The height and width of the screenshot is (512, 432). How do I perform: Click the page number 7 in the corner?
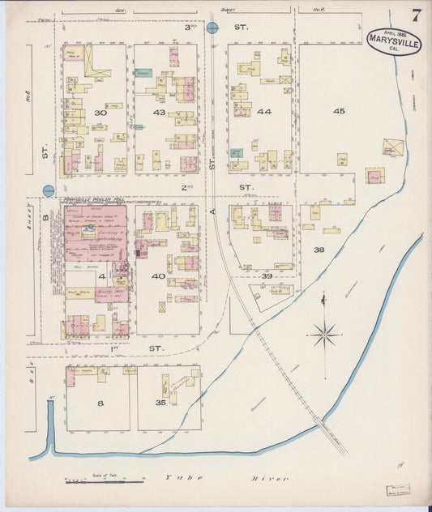click(x=416, y=15)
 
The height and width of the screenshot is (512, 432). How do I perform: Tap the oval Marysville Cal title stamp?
click(x=394, y=41)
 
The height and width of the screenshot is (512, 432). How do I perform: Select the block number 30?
click(x=101, y=113)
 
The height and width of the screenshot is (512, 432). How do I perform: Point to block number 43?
click(x=159, y=112)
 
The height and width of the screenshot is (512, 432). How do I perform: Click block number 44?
click(x=264, y=111)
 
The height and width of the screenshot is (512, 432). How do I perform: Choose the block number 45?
click(x=338, y=111)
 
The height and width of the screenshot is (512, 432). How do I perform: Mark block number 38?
click(x=319, y=250)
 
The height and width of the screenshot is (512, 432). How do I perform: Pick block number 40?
click(x=158, y=275)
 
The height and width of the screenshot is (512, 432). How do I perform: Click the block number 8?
click(x=101, y=402)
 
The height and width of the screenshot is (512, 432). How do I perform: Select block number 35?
click(x=159, y=402)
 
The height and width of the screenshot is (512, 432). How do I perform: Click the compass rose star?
click(x=324, y=332)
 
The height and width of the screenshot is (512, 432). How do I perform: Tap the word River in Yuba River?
click(x=274, y=479)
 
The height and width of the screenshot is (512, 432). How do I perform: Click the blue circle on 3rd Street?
click(x=212, y=28)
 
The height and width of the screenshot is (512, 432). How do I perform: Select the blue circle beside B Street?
click(x=49, y=191)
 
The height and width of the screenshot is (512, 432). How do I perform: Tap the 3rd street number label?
click(x=190, y=27)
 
